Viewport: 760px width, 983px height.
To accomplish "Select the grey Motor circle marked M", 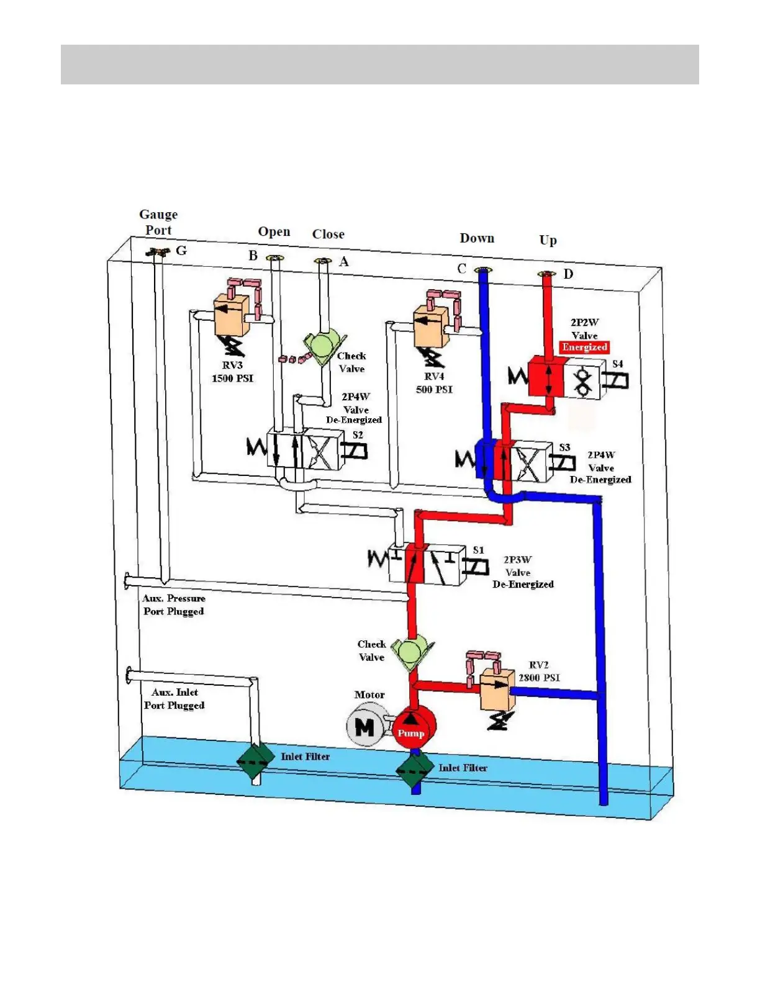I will (x=364, y=727).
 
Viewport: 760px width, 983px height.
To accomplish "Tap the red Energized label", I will (x=584, y=348).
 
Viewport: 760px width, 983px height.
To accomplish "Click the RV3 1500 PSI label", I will (x=232, y=372).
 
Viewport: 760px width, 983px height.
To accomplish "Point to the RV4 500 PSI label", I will (x=434, y=383).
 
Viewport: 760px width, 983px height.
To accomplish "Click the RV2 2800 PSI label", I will (x=539, y=671).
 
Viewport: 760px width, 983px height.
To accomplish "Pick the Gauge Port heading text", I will (x=158, y=222).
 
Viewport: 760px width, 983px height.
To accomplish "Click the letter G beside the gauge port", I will (x=181, y=251).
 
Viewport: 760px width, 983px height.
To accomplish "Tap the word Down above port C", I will (x=477, y=238).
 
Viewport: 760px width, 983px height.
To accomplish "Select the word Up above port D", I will (x=548, y=240).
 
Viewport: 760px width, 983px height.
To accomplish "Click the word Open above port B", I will (x=274, y=231).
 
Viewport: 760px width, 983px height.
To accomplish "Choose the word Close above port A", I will (x=328, y=235).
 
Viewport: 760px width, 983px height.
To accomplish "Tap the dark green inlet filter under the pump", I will (x=415, y=770).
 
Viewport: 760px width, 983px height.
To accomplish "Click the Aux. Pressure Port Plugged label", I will (x=173, y=605).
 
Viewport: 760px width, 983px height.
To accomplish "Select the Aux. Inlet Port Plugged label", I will (x=174, y=699).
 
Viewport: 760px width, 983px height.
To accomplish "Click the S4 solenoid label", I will (x=617, y=364).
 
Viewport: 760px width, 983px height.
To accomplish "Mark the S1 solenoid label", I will (x=478, y=550).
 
